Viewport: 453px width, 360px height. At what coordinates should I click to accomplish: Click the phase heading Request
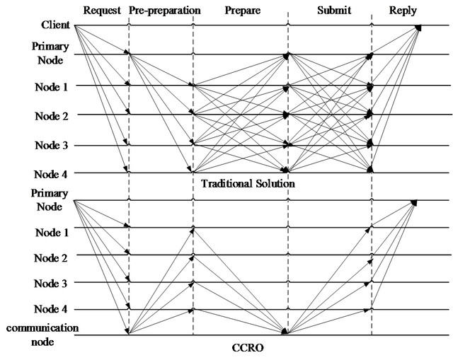tap(102, 11)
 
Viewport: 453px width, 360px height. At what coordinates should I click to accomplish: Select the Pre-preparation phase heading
tap(165, 11)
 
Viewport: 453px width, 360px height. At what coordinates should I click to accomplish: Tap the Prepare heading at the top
tap(243, 11)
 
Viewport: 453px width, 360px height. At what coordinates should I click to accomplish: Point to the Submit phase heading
tap(334, 11)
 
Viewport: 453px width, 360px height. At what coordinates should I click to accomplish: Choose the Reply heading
tap(403, 11)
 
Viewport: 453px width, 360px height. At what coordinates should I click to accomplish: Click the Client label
tap(55, 25)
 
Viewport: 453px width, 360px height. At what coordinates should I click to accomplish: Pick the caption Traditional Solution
tap(248, 184)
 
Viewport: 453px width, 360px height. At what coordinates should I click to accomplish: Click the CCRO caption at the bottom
tap(248, 347)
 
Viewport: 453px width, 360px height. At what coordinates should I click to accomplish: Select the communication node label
tap(42, 335)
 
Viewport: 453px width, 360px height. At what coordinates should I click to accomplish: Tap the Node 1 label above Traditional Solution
tap(51, 87)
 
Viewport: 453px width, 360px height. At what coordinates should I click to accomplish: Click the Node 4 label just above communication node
tap(50, 309)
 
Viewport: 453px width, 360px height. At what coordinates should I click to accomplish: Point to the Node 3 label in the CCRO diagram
tap(50, 284)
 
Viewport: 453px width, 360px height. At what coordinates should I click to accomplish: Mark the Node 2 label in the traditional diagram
tap(52, 116)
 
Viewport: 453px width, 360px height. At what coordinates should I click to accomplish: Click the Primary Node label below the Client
tap(50, 53)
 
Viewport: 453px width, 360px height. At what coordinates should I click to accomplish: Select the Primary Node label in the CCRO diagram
tap(50, 199)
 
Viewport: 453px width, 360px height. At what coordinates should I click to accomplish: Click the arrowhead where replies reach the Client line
tap(418, 28)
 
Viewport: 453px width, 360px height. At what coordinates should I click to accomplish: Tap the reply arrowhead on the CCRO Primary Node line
tap(413, 203)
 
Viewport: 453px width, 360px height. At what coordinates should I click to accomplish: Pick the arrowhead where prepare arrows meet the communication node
tap(285, 331)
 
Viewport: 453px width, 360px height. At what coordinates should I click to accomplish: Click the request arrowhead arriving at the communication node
tap(127, 331)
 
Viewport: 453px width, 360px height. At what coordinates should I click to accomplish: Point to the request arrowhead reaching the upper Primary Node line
tap(126, 52)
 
